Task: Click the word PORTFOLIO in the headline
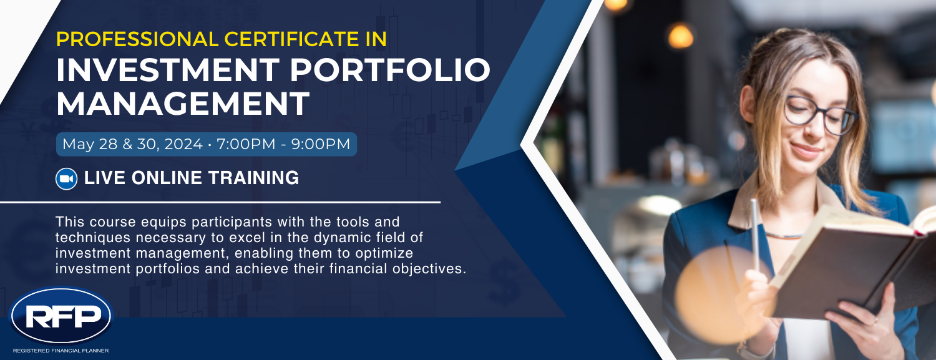(x=390, y=70)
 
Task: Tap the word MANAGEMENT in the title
(x=183, y=104)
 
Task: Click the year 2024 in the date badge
(x=183, y=144)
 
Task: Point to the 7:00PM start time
(x=246, y=144)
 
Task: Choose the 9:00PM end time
(x=321, y=144)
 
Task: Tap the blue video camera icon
(x=66, y=178)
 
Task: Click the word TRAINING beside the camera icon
(x=253, y=178)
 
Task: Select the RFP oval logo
(x=61, y=315)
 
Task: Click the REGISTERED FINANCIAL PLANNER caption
(x=61, y=351)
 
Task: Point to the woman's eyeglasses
(x=820, y=114)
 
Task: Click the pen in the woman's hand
(x=755, y=236)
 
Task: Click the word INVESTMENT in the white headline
(x=168, y=70)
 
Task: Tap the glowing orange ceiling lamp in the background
(x=680, y=36)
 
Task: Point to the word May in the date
(x=78, y=145)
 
